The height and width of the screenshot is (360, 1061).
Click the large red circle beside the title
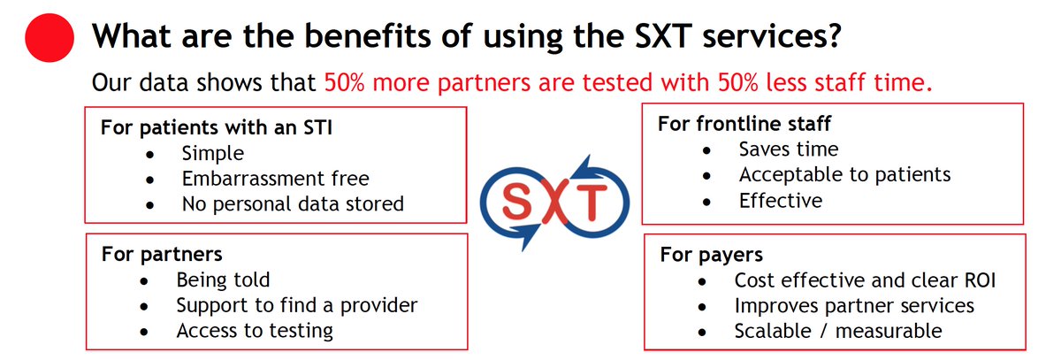50,39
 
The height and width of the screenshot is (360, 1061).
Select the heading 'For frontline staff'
744,123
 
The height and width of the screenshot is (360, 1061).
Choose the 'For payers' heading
711,256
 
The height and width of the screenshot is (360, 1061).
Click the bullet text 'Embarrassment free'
275,178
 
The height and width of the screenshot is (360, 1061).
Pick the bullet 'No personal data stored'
293,203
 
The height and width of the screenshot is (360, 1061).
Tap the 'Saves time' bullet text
789,149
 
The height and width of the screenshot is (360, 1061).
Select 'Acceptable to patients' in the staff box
844,174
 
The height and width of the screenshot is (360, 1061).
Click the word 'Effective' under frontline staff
781,200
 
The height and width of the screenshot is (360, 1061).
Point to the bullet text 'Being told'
223,280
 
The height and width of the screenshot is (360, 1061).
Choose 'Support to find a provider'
296,305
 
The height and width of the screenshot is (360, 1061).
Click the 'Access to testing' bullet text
255,331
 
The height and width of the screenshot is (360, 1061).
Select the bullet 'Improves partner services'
854,305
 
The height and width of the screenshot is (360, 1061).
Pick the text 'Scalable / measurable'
837,331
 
